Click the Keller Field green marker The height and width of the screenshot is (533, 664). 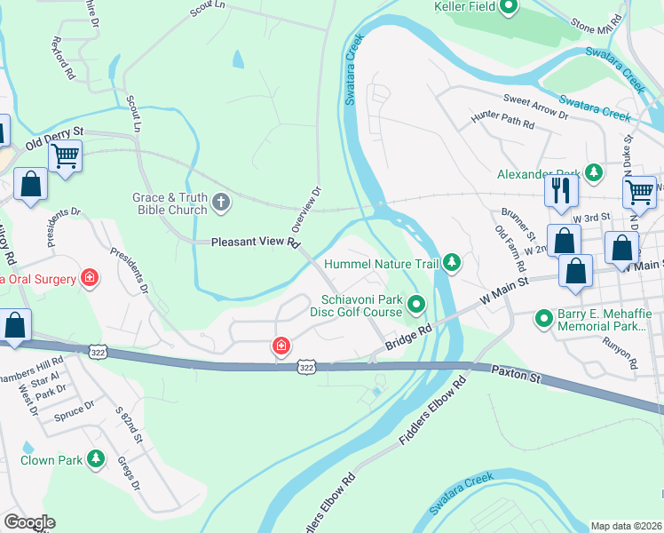pyautogui.click(x=509, y=8)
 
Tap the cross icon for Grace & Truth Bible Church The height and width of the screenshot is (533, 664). pyautogui.click(x=222, y=204)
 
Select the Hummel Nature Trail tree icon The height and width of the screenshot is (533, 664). pyautogui.click(x=453, y=262)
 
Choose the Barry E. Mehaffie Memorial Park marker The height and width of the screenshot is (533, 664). pyautogui.click(x=543, y=318)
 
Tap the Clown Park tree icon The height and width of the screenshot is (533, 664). pyautogui.click(x=97, y=459)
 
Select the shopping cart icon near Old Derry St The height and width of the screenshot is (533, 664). pyautogui.click(x=65, y=157)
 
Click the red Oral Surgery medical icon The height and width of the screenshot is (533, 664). pyautogui.click(x=89, y=279)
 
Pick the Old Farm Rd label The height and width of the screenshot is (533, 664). pyautogui.click(x=510, y=249)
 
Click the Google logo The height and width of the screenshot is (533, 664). pyautogui.click(x=29, y=522)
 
